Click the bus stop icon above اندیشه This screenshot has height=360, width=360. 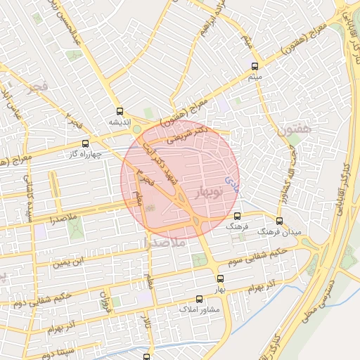120,111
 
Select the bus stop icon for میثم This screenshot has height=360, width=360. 254,67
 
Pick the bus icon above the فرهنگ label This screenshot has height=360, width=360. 237,216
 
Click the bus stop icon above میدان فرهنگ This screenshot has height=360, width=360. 279,221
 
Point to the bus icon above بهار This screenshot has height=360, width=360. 220,278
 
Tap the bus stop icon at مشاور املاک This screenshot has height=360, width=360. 199,299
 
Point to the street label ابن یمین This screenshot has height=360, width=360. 71,264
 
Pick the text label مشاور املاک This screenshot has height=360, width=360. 200,310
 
